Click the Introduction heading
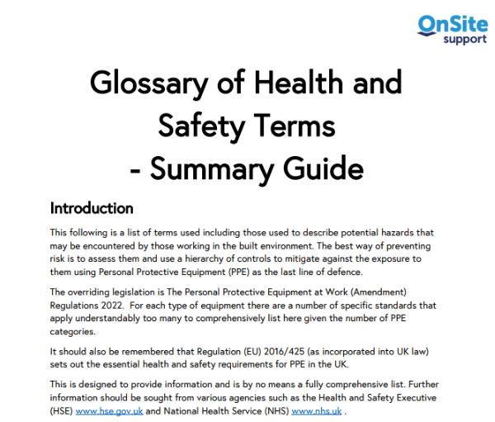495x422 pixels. tap(92, 207)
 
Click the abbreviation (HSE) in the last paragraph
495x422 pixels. tap(62, 410)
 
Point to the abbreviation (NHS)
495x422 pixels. tap(275, 410)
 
